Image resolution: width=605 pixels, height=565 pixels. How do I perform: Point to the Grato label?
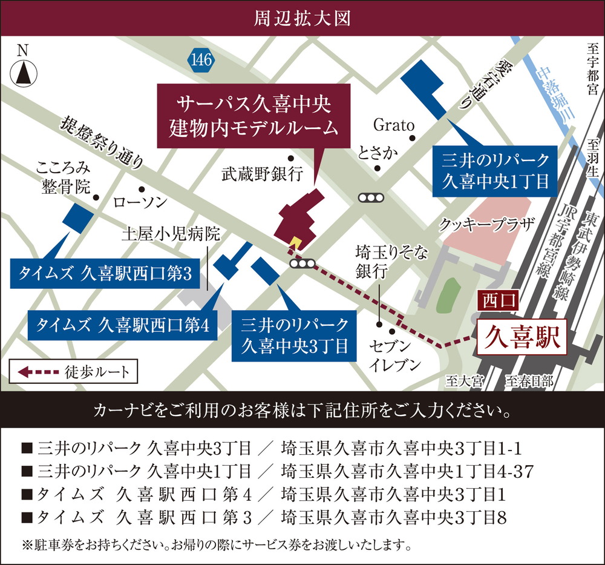click(x=393, y=125)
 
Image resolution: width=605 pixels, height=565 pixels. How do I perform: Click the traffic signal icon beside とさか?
click(x=371, y=197)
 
